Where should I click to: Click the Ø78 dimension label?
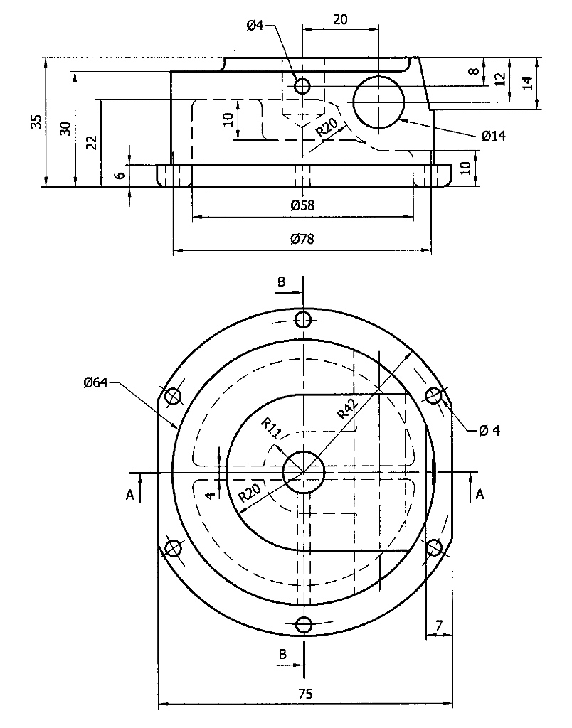pyautogui.click(x=302, y=240)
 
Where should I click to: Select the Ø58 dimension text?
pyautogui.click(x=302, y=205)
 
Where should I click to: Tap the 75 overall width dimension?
pyautogui.click(x=304, y=692)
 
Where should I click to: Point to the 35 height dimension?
pyautogui.click(x=36, y=122)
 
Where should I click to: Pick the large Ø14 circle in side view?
pyautogui.click(x=379, y=102)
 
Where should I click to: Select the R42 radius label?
pyautogui.click(x=347, y=410)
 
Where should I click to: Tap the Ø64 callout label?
pyautogui.click(x=95, y=383)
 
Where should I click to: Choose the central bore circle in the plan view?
pyautogui.click(x=304, y=471)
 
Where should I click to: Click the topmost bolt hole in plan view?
pyautogui.click(x=304, y=318)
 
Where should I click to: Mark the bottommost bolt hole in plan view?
pyautogui.click(x=304, y=625)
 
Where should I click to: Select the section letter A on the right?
pyautogui.click(x=480, y=494)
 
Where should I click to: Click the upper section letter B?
pyautogui.click(x=282, y=282)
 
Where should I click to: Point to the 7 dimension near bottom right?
pyautogui.click(x=439, y=625)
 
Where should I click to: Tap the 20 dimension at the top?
pyautogui.click(x=340, y=19)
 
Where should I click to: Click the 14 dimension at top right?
pyautogui.click(x=526, y=82)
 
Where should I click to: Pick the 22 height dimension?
pyautogui.click(x=91, y=142)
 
